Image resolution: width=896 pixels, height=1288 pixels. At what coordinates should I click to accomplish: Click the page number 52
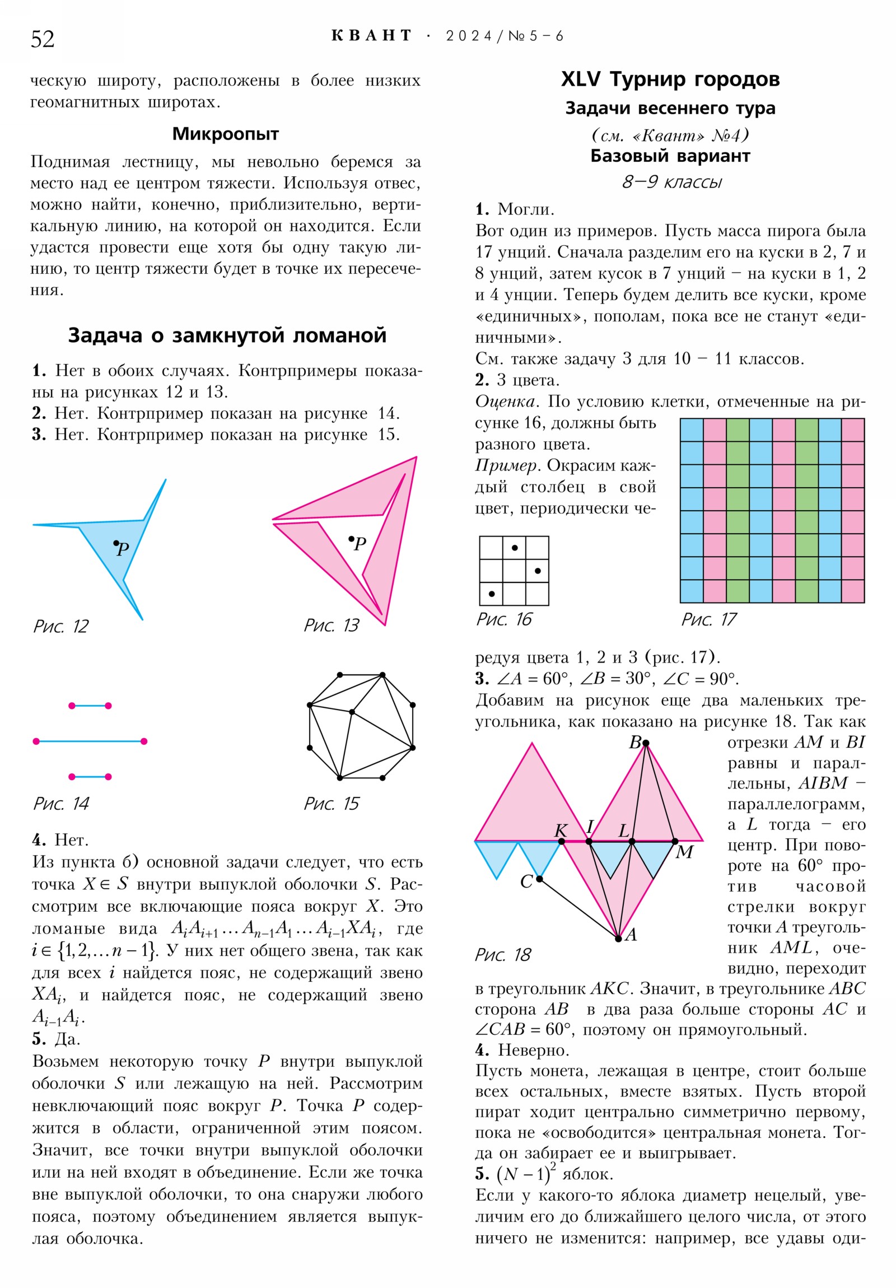(43, 39)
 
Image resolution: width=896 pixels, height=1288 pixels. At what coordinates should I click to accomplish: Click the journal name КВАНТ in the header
(371, 36)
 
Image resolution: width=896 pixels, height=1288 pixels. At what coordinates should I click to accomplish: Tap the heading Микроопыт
(225, 133)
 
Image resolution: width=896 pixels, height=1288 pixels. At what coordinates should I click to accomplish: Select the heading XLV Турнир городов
(670, 79)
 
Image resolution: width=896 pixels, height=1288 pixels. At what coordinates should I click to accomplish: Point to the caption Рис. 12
(60, 626)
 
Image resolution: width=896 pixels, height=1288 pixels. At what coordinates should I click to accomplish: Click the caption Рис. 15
(331, 803)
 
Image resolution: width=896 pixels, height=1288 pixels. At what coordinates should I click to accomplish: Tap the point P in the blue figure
(116, 543)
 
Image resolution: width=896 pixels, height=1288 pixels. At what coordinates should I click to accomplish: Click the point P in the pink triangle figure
(351, 539)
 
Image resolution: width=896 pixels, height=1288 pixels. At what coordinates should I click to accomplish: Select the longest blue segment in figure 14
(90, 741)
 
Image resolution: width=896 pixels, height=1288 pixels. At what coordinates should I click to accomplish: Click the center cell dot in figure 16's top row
(515, 548)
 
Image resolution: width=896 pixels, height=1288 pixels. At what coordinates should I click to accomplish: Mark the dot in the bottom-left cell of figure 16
(492, 594)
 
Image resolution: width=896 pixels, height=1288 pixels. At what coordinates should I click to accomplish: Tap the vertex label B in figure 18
(635, 742)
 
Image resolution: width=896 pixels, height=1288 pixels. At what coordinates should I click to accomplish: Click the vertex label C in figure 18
(526, 881)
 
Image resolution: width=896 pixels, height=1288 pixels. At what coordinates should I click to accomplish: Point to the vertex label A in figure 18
(631, 934)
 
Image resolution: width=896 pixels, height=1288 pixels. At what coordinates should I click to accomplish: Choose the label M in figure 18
(684, 852)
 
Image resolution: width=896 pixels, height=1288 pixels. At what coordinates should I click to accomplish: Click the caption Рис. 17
(708, 619)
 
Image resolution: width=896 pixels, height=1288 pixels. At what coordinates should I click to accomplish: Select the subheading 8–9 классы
(671, 182)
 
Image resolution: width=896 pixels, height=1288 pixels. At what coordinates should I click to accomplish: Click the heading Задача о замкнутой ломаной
(227, 335)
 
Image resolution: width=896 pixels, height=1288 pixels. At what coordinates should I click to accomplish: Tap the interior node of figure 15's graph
(352, 712)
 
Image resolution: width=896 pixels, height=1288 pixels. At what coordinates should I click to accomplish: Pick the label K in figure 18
(561, 830)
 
